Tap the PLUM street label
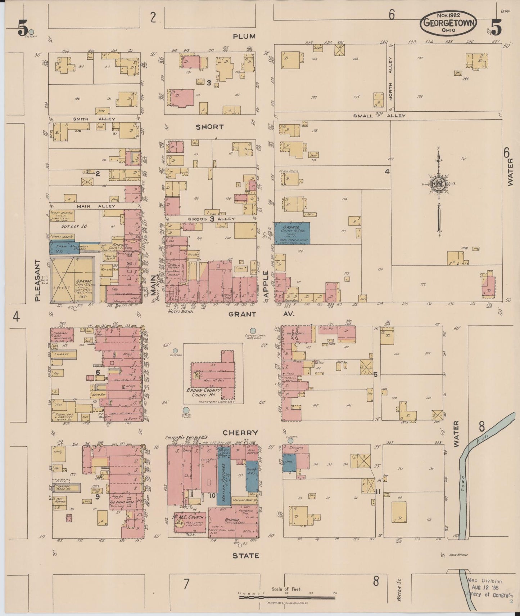click(244, 36)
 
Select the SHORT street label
click(209, 127)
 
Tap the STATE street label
click(246, 556)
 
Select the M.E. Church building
click(189, 517)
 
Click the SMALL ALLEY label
click(379, 116)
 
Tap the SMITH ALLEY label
click(94, 119)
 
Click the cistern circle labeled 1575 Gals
click(253, 330)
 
